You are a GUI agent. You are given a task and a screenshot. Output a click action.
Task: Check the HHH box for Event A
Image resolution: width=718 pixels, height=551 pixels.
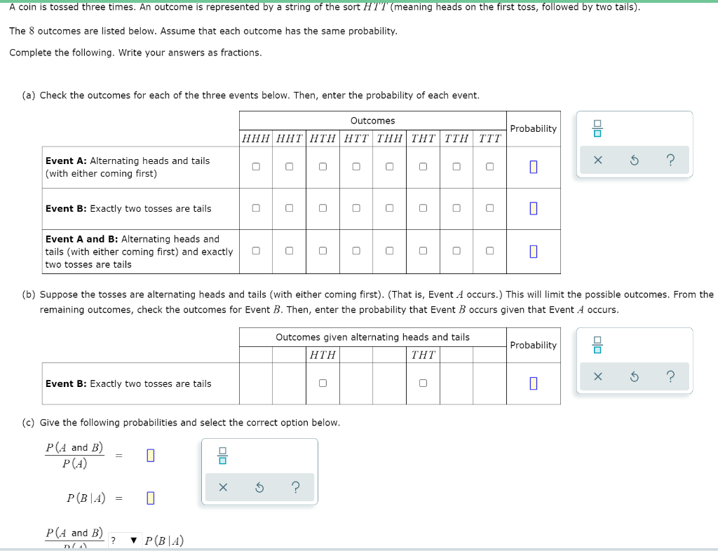click(x=256, y=167)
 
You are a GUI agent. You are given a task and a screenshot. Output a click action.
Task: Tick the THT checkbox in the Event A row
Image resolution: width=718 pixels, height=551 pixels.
click(x=423, y=167)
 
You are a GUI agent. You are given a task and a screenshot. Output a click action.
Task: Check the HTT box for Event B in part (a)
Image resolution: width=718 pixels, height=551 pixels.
click(x=356, y=208)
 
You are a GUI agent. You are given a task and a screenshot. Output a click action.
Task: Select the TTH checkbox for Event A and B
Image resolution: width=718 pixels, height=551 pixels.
click(x=456, y=251)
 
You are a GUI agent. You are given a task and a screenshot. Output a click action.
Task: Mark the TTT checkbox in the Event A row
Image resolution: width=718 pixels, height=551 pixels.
click(x=490, y=167)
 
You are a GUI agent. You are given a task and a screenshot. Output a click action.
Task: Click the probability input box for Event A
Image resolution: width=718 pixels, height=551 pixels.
click(x=534, y=167)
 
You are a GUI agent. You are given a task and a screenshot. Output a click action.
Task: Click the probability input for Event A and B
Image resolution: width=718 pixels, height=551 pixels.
click(x=534, y=252)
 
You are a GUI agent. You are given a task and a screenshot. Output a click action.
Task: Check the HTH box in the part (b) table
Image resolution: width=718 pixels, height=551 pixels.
click(x=323, y=383)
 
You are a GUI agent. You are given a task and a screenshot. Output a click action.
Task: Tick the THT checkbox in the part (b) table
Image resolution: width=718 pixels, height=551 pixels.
click(x=423, y=383)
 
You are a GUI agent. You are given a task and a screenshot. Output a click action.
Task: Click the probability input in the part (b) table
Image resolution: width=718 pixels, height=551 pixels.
click(x=534, y=383)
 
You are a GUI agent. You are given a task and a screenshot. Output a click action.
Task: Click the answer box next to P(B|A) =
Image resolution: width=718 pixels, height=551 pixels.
click(x=151, y=498)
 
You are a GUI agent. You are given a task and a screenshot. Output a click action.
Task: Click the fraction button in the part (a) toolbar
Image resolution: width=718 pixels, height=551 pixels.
click(x=597, y=128)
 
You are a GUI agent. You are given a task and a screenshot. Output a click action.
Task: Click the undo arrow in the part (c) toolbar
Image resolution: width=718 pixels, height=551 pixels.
click(x=259, y=488)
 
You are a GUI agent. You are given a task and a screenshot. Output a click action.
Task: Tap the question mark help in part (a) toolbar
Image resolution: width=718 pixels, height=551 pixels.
click(x=670, y=160)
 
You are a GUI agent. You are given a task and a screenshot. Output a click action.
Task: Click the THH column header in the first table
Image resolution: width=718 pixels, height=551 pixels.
click(x=390, y=139)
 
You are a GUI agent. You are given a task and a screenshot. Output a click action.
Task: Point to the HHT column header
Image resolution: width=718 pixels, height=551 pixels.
click(x=290, y=139)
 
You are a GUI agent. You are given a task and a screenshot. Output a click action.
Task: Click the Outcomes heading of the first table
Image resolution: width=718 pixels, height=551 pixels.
click(x=373, y=121)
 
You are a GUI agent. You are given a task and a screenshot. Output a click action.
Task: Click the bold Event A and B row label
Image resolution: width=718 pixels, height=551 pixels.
click(x=81, y=239)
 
